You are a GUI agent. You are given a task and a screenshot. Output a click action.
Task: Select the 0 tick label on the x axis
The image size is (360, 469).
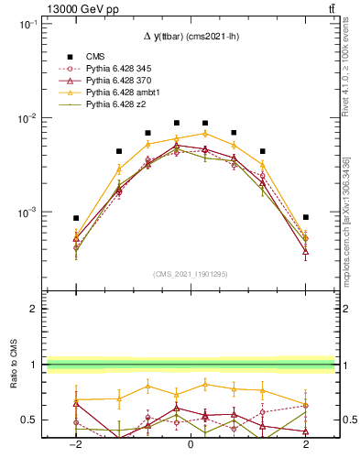pyautogui.click(x=190, y=443)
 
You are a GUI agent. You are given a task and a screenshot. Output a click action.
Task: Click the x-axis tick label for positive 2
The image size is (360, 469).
pyautogui.click(x=305, y=443)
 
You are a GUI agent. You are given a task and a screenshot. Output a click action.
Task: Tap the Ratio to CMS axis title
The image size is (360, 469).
pyautogui.click(x=14, y=384)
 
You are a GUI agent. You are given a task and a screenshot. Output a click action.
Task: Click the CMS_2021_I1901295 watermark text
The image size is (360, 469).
pyautogui.click(x=190, y=274)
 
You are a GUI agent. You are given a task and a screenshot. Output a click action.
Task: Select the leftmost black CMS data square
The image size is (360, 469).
pyautogui.click(x=76, y=218)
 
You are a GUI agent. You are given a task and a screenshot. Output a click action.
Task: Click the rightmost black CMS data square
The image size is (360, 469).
pyautogui.click(x=305, y=217)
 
